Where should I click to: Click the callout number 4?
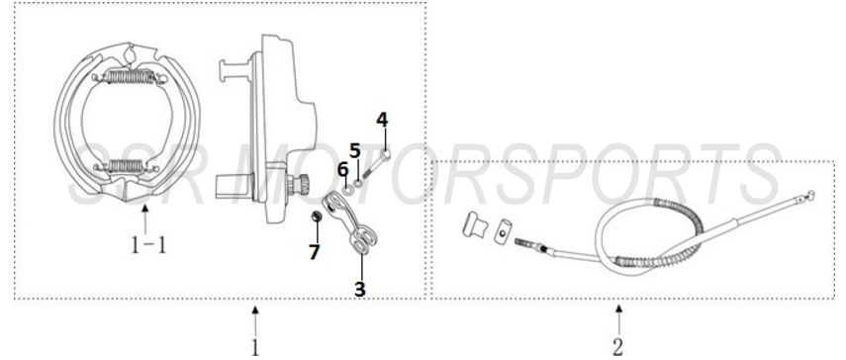click(382, 120)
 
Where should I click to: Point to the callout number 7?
click(314, 252)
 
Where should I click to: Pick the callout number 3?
click(360, 289)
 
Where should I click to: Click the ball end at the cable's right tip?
click(810, 194)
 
